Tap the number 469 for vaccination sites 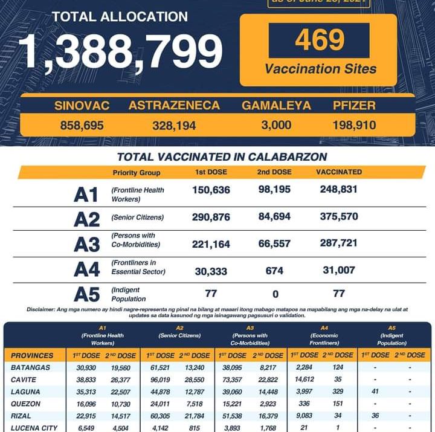(320, 40)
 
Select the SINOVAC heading (82, 106)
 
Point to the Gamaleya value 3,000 (275, 126)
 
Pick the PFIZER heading (354, 106)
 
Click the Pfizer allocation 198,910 (354, 126)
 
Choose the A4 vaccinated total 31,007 (339, 270)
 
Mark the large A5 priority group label (86, 294)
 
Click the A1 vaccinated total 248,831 (339, 189)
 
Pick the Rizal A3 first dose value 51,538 (230, 417)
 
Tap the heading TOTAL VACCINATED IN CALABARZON (222, 157)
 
